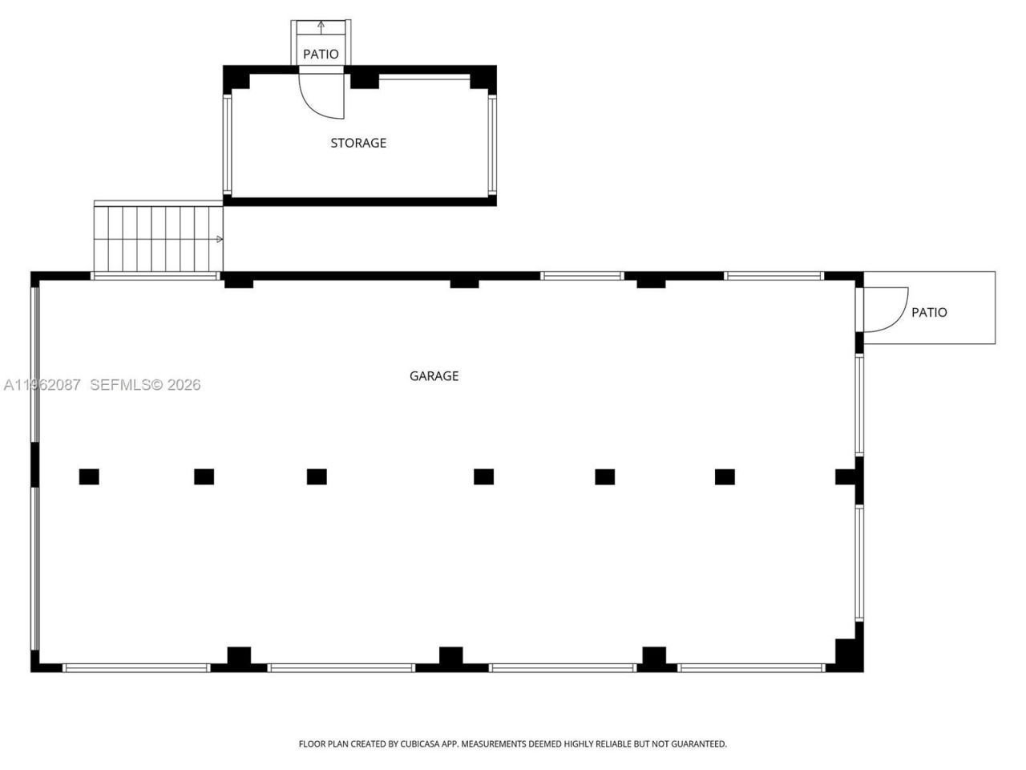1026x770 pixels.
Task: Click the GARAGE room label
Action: (x=434, y=375)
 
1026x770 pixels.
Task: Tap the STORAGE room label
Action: (x=358, y=143)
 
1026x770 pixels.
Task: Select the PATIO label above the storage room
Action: (x=321, y=54)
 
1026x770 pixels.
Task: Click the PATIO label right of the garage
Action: (x=929, y=312)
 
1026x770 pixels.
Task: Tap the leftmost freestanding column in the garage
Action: (x=89, y=476)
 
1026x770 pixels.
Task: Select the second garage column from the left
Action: (x=204, y=476)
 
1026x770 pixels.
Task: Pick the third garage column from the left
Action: (x=317, y=476)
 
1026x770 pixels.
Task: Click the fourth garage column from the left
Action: (x=483, y=476)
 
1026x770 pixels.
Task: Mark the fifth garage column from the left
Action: (x=605, y=476)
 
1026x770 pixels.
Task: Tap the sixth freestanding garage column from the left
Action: (x=725, y=476)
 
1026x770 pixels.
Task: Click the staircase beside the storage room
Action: (x=158, y=239)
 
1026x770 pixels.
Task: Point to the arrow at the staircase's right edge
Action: (x=220, y=239)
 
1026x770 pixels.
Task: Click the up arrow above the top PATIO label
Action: (x=321, y=26)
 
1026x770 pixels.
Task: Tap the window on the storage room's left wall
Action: (x=228, y=144)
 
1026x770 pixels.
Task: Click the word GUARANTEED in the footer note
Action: (x=696, y=744)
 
